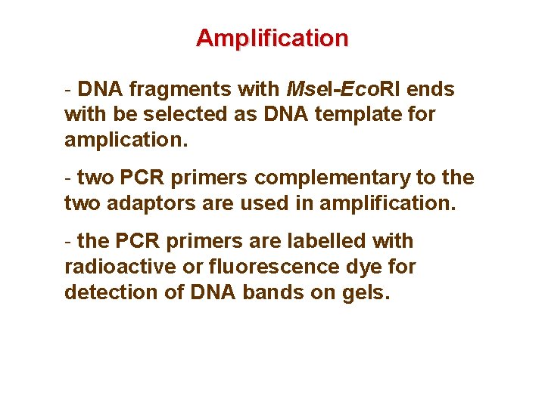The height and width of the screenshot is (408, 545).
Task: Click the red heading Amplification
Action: click(272, 38)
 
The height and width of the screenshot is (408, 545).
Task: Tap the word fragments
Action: click(179, 90)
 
